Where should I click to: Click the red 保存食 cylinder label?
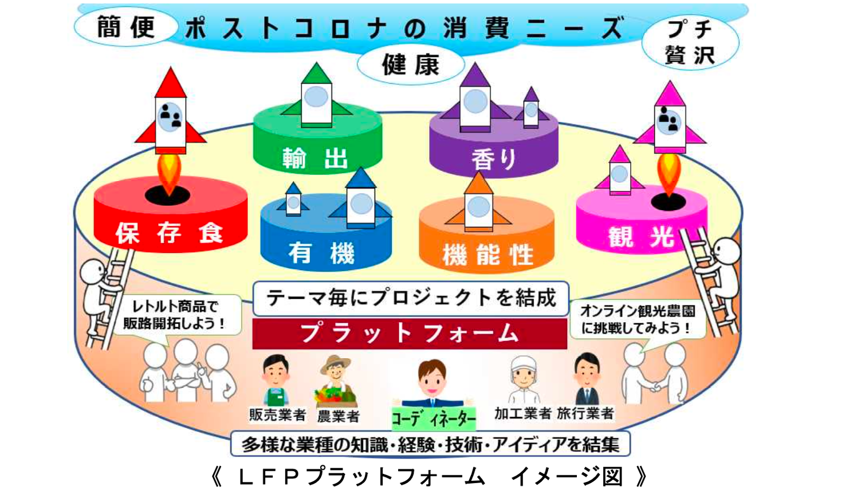click(x=169, y=233)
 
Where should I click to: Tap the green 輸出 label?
click(x=315, y=158)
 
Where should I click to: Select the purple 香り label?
click(x=494, y=159)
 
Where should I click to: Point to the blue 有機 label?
click(x=321, y=253)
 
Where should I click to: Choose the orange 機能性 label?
click(x=488, y=254)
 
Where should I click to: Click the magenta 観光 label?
click(x=640, y=236)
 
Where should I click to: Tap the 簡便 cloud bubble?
click(x=125, y=28)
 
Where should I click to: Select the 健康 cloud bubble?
click(x=410, y=65)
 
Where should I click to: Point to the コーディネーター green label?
click(x=433, y=418)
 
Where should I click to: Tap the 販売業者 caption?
click(x=277, y=414)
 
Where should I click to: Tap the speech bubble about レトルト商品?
click(x=175, y=315)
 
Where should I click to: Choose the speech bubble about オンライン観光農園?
click(x=638, y=319)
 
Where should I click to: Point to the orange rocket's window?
click(x=478, y=206)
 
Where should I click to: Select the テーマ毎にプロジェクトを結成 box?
click(x=410, y=298)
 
